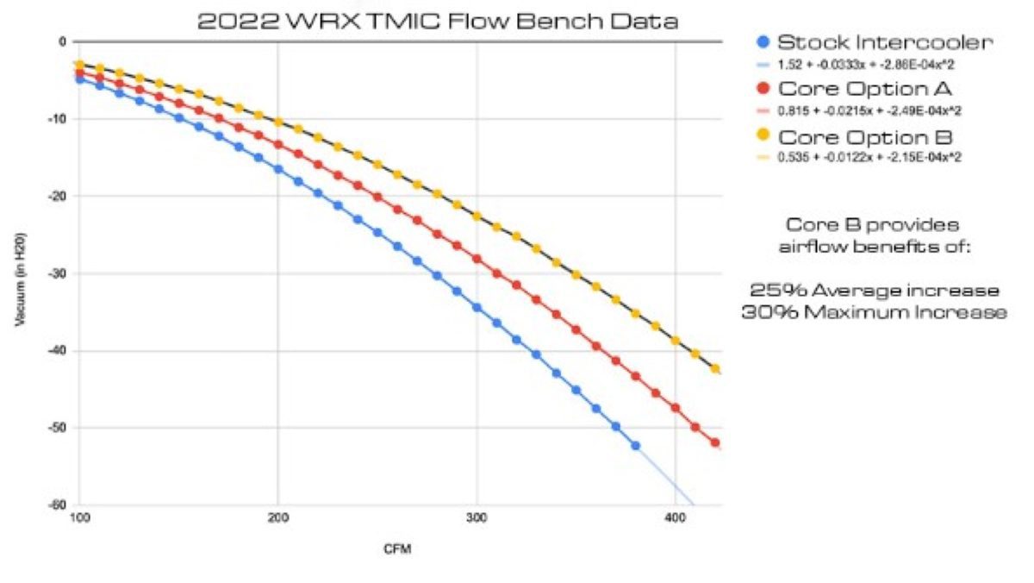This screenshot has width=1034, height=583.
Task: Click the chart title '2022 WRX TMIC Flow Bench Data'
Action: point(438,21)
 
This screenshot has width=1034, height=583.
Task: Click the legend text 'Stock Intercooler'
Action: point(872,42)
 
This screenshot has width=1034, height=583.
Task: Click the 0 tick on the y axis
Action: point(62,41)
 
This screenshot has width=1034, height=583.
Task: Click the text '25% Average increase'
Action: point(874,289)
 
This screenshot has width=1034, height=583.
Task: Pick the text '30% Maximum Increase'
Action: point(874,312)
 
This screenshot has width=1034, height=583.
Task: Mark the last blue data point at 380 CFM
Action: point(636,445)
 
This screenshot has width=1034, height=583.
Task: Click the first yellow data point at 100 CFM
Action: point(79,65)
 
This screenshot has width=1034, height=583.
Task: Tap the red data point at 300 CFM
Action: point(477,259)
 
